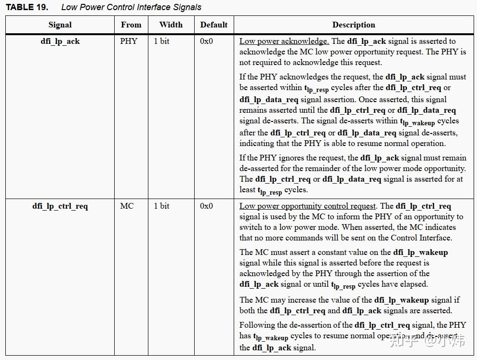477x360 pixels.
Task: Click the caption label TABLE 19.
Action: pos(26,7)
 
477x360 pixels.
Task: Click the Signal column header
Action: pos(60,25)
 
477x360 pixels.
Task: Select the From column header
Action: pos(131,25)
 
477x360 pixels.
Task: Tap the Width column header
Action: pos(171,25)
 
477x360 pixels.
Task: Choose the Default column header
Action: pos(214,25)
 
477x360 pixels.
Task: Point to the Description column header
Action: pos(354,25)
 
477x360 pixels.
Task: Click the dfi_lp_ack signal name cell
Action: pos(60,41)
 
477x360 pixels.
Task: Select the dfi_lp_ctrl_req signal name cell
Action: pos(60,206)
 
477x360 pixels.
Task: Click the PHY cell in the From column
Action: pos(129,41)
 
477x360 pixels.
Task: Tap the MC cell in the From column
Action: pos(127,206)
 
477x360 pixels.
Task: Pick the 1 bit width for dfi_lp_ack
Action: pos(162,41)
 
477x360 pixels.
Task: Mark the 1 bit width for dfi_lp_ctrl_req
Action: pos(162,206)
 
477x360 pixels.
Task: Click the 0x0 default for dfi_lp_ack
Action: pos(206,41)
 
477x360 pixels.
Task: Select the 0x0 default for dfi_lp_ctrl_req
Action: pos(206,206)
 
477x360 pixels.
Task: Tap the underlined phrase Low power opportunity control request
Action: pos(308,206)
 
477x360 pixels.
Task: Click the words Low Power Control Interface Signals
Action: pos(131,7)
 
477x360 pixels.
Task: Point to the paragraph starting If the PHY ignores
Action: pos(353,173)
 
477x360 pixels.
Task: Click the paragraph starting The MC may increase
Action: pos(349,305)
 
